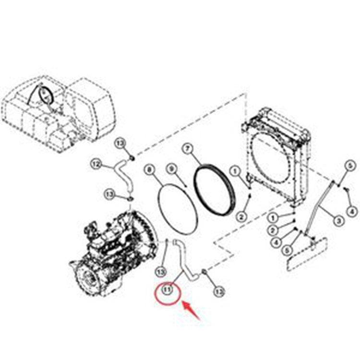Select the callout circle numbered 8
coord(149,169)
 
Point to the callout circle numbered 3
coord(339,221)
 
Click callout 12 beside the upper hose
coord(96,165)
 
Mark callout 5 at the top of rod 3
coord(350,166)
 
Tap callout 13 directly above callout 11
coord(161,272)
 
